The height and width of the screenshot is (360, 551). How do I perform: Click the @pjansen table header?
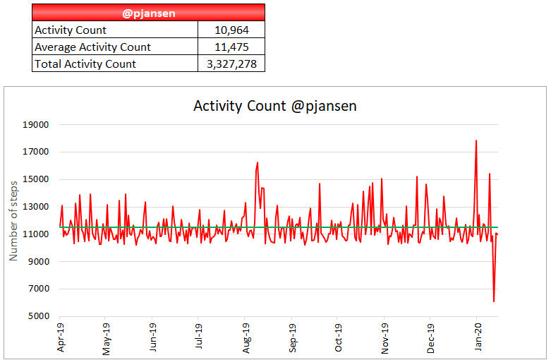tap(148, 12)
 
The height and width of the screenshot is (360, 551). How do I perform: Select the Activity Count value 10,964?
tap(231, 30)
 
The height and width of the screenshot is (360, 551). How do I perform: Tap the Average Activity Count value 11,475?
tap(231, 47)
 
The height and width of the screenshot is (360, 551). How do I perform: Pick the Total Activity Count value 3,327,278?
tap(231, 64)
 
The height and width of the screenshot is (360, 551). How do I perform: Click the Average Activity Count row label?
tap(92, 47)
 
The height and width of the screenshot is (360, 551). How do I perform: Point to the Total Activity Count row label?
tap(85, 64)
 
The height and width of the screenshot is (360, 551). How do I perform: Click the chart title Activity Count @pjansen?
tap(275, 106)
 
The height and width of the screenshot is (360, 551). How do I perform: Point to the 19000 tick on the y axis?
tap(35, 125)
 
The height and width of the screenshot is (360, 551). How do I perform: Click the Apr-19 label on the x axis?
tap(61, 338)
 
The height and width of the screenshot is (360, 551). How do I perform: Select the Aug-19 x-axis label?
tap(246, 338)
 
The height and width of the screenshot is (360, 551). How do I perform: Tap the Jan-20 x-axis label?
tap(478, 338)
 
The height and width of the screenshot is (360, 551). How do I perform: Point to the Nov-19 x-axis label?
tap(385, 338)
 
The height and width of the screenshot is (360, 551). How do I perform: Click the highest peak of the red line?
tap(476, 140)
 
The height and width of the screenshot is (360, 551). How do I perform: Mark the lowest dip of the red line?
tap(494, 301)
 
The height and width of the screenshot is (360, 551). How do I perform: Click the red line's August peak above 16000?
tap(258, 162)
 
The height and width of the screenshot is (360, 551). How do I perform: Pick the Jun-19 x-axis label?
tap(153, 338)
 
